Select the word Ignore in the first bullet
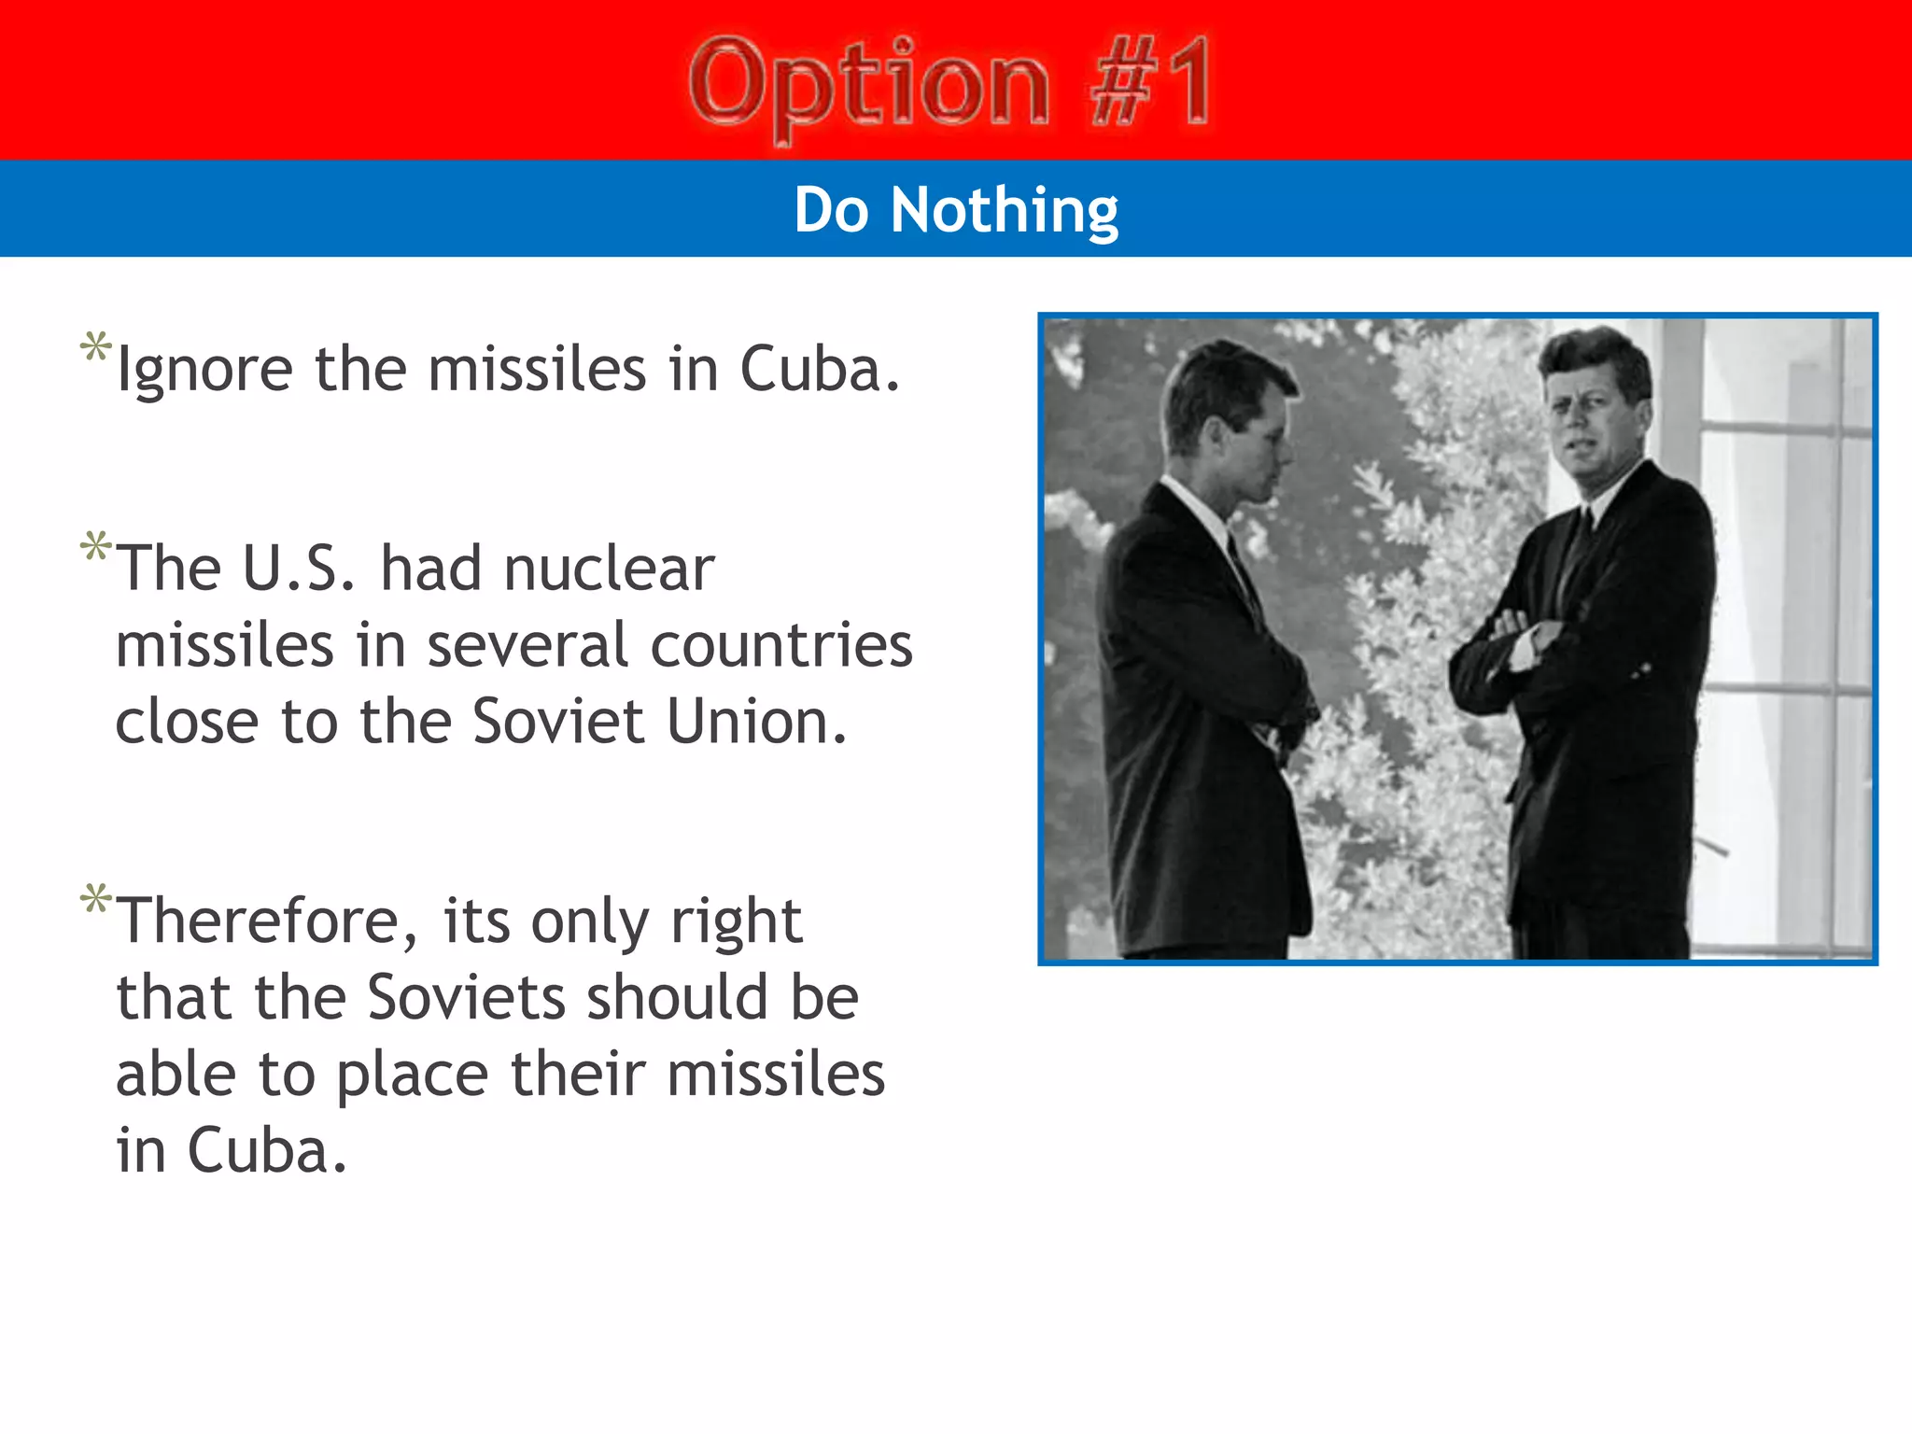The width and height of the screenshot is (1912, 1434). [x=204, y=371]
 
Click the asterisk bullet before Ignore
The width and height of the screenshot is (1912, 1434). [x=95, y=347]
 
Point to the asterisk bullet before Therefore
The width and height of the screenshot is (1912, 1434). [x=95, y=900]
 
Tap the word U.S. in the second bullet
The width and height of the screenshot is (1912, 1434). [x=299, y=569]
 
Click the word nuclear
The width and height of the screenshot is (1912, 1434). [x=609, y=569]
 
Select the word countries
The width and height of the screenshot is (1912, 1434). [x=781, y=645]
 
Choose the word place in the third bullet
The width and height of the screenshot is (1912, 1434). [x=412, y=1074]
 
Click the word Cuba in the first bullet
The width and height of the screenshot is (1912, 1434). [x=819, y=371]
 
